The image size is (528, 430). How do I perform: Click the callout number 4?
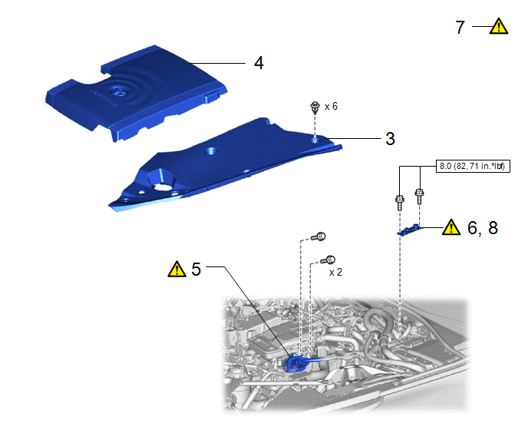(x=259, y=63)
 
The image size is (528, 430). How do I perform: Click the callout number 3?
(x=390, y=139)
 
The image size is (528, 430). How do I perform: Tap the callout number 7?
(x=460, y=28)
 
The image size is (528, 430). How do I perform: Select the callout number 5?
(x=196, y=270)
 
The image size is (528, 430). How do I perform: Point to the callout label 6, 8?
(x=483, y=228)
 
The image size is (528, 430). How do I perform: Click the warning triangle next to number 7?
(x=499, y=27)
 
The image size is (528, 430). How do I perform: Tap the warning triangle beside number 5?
(x=177, y=270)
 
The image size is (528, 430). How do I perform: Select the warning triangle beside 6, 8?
(x=451, y=227)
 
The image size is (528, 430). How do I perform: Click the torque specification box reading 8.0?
(x=473, y=166)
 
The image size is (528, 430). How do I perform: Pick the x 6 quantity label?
(x=331, y=107)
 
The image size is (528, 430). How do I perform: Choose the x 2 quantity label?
(x=335, y=272)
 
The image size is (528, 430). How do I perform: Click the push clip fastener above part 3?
(x=315, y=107)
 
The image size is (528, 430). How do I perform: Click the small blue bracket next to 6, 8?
(x=409, y=230)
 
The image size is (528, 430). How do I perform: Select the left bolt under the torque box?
(x=399, y=202)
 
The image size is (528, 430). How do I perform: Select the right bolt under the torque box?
(x=419, y=196)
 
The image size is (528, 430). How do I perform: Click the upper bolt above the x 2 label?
(x=318, y=237)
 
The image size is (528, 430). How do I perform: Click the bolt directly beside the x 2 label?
(x=328, y=260)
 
